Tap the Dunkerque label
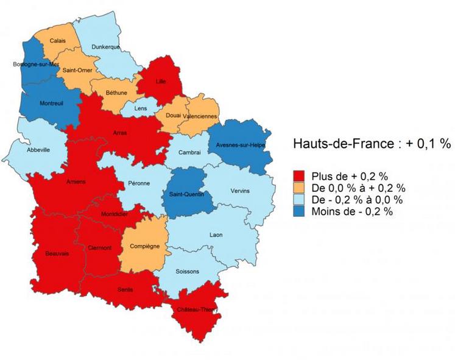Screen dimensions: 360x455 [105, 47]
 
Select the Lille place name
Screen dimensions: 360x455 [161, 80]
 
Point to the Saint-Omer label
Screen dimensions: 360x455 [77, 71]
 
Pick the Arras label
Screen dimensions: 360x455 [120, 132]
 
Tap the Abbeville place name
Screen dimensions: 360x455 [39, 149]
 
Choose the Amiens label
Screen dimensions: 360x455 [76, 182]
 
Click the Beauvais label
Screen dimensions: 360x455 [57, 253]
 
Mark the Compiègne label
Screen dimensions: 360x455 [145, 247]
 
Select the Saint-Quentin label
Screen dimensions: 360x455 [187, 194]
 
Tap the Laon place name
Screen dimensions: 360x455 [216, 235]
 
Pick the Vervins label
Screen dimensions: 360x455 [240, 191]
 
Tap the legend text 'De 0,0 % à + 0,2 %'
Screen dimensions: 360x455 [358, 188]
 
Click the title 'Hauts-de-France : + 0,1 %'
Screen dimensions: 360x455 [372, 144]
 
